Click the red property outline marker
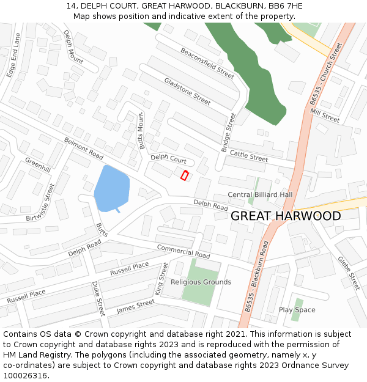point(184,176)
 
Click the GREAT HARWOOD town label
point(286,216)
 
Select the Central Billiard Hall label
point(260,194)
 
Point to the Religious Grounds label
point(201,282)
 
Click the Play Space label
point(297,310)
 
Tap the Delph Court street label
point(169,159)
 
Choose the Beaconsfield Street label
point(207,63)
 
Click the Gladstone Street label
point(187,91)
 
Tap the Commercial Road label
point(183,251)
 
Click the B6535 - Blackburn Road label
point(256,276)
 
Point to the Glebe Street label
point(348,273)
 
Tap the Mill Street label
point(324,114)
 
